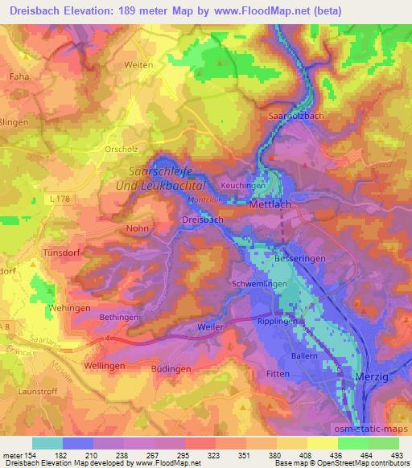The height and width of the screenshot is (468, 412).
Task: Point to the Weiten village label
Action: click(x=138, y=64)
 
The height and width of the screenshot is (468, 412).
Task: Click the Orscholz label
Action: click(x=123, y=149)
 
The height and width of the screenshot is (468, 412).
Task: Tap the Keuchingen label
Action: click(x=243, y=184)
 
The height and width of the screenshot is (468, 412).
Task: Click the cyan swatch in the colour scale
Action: click(x=47, y=443)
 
